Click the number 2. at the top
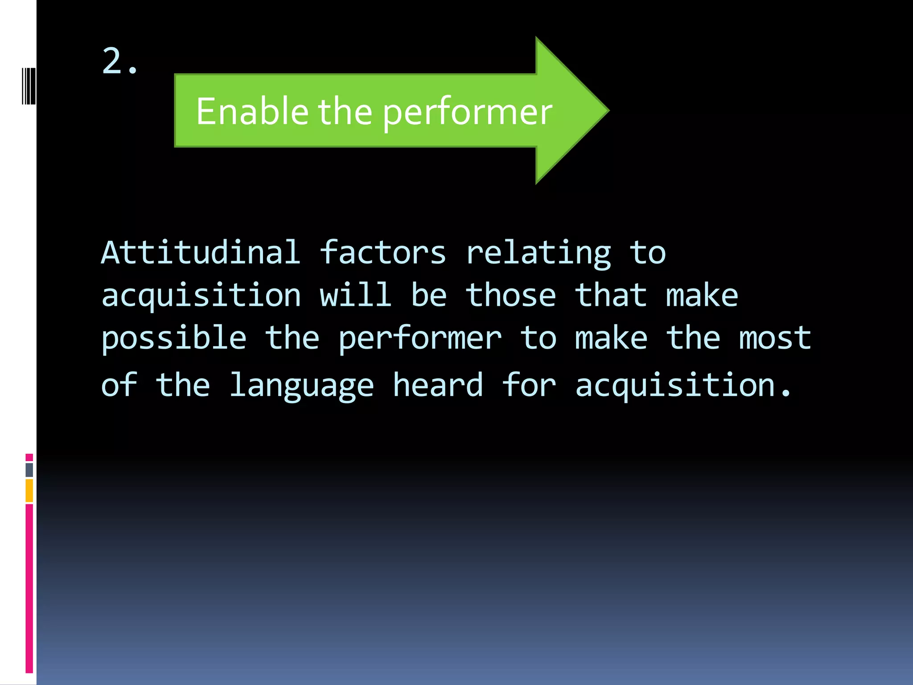[119, 62]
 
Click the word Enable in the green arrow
[252, 111]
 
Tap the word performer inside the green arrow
[467, 112]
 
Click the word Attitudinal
[201, 252]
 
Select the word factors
[382, 252]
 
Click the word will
[355, 295]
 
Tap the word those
[510, 295]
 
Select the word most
[774, 338]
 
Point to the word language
[301, 386]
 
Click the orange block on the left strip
[29, 491]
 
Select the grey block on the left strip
[29, 470]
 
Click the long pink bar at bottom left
[29, 589]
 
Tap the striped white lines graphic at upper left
[29, 86]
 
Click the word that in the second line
[610, 295]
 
